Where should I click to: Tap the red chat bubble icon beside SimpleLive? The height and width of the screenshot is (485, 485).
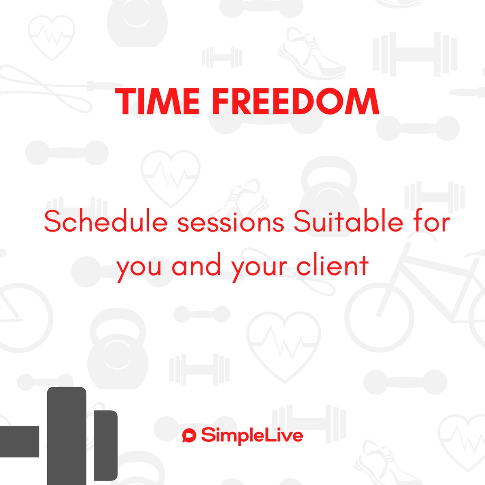pos(189,435)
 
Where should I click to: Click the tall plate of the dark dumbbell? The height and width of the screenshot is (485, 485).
pos(67,436)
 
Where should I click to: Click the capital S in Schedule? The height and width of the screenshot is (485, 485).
pos(53,222)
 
